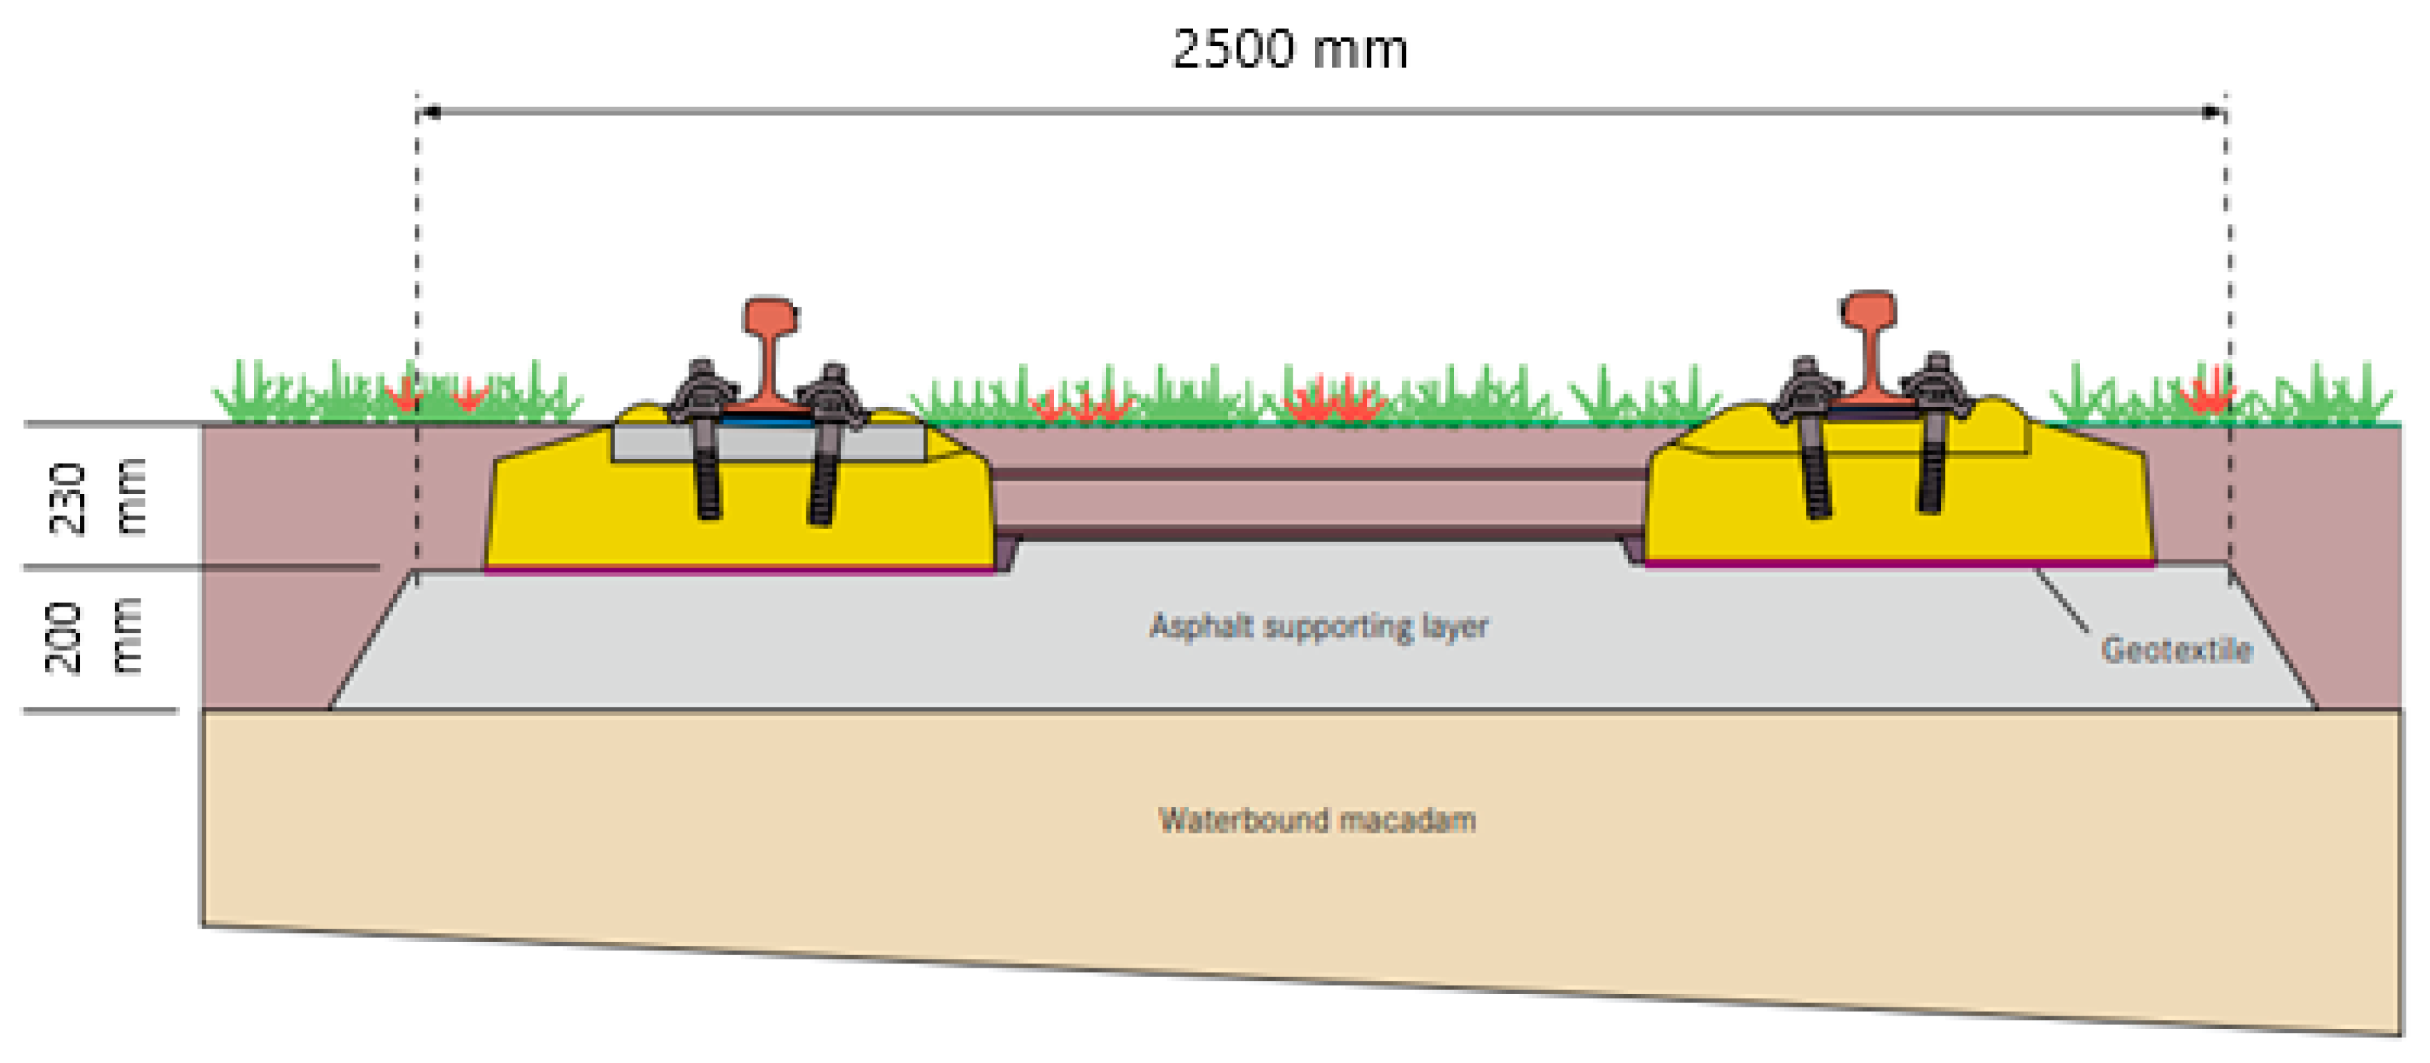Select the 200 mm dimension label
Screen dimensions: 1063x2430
[x=95, y=637]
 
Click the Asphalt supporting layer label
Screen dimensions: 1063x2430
[x=1318, y=626]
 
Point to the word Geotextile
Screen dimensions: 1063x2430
[x=2176, y=650]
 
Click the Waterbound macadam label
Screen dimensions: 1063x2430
[x=1317, y=820]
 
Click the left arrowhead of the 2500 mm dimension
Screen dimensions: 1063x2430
[x=429, y=112]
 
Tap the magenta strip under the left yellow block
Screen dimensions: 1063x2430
[x=740, y=570]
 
